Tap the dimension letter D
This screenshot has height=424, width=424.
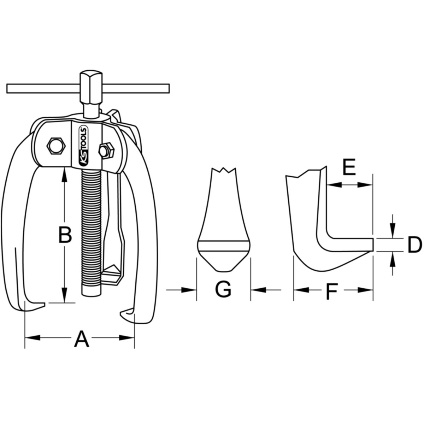tap(415, 245)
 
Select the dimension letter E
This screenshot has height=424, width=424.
tap(349, 167)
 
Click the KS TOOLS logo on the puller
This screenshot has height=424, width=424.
tap(84, 146)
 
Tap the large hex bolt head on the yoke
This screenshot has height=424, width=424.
tap(56, 146)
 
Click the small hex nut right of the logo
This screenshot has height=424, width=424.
tap(106, 150)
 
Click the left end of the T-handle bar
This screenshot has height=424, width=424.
tap(7, 88)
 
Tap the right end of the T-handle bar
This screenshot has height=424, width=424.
tap(169, 88)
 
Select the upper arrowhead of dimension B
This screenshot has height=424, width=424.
tap(64, 175)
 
